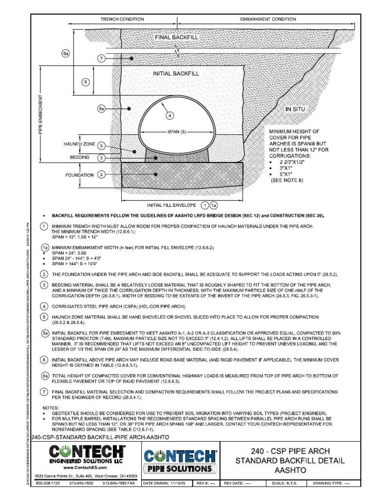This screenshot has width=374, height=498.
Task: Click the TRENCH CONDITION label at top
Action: point(122,19)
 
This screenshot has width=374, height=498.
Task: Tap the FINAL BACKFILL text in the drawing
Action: point(176,37)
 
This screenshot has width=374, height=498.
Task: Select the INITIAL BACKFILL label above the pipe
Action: point(176,74)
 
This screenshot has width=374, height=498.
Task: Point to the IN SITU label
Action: point(296,109)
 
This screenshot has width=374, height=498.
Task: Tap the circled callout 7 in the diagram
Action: point(101,59)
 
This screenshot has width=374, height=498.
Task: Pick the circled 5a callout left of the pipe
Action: point(101,109)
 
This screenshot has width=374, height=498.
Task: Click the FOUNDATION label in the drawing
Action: point(80,175)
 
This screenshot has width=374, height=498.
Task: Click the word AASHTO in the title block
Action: point(291,471)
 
